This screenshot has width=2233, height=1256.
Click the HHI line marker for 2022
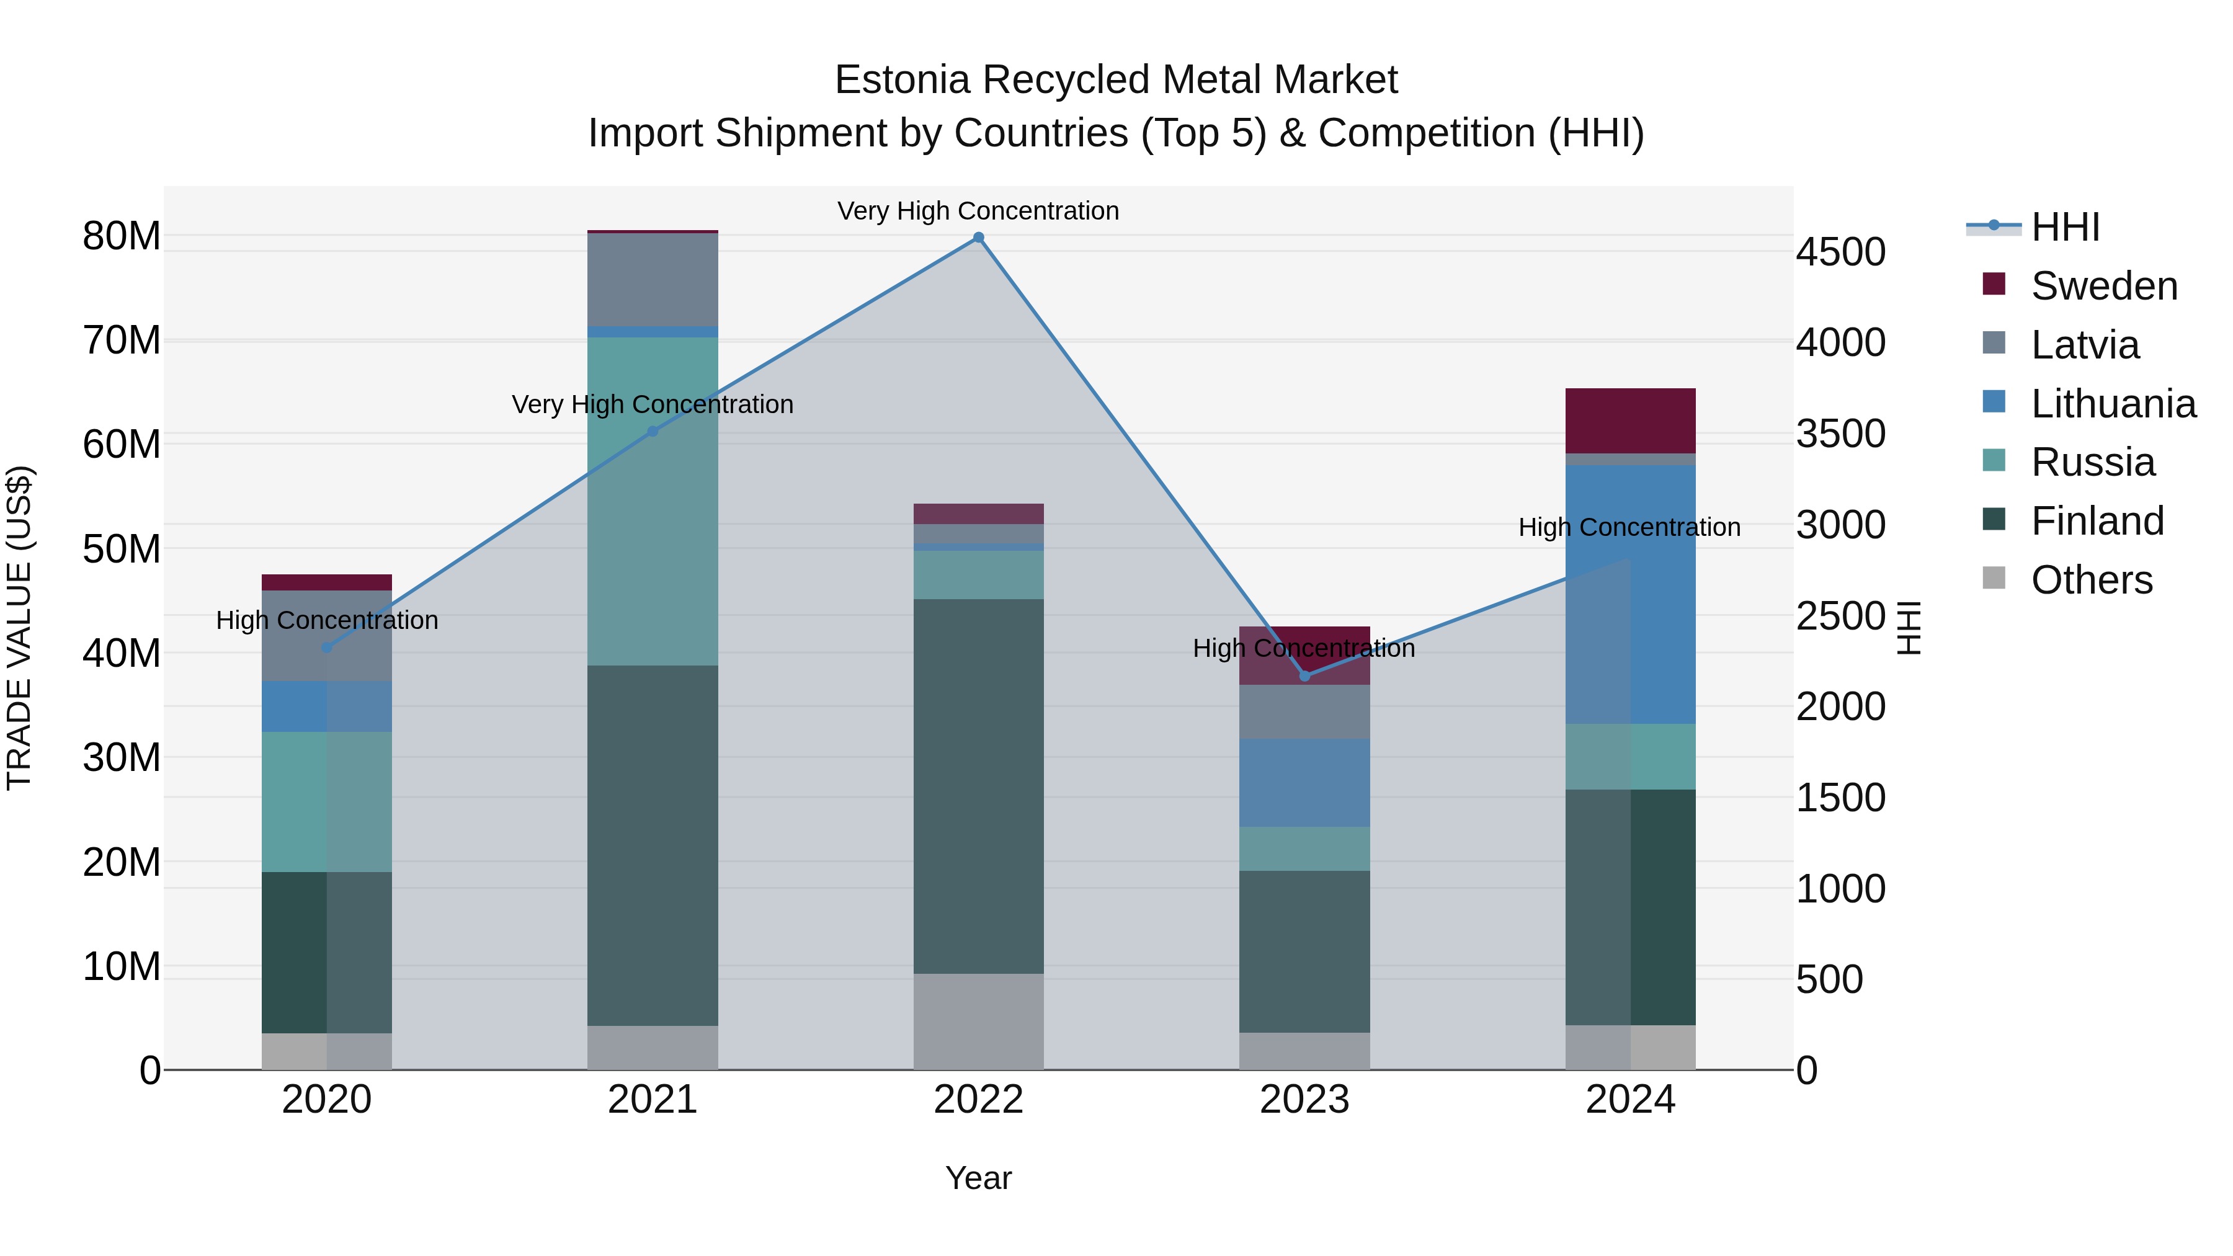click(x=979, y=238)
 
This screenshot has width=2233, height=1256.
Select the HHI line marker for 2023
click(x=1304, y=675)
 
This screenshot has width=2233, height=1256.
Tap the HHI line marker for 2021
click(x=653, y=431)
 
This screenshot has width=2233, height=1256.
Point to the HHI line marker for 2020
click(x=327, y=648)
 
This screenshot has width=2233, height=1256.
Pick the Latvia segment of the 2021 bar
click(x=653, y=279)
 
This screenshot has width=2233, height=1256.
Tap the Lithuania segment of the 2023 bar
click(x=1304, y=782)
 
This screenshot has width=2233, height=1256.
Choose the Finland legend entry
click(x=2097, y=521)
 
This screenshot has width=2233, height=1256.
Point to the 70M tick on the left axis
click(x=122, y=341)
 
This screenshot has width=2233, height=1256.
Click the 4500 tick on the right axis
click(x=1840, y=252)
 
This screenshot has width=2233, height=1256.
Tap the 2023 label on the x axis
click(x=1304, y=1100)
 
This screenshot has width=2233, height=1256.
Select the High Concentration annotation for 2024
click(x=1629, y=527)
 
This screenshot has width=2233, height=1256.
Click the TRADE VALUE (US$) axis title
click(x=20, y=628)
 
